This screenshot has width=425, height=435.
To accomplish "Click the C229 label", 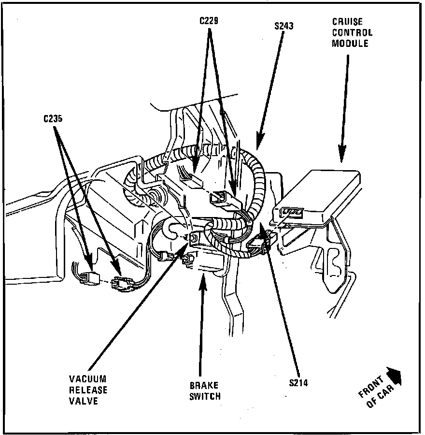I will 210,21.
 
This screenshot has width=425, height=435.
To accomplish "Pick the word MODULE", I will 350,43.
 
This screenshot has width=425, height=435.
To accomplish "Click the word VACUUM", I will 87,379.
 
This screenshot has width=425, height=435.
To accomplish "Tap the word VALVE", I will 84,400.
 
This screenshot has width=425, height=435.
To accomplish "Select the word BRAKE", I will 203,386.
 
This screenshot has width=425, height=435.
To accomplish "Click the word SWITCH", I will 205,396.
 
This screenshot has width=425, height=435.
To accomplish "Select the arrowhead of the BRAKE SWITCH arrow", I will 203,276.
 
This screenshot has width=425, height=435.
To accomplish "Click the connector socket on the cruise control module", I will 292,212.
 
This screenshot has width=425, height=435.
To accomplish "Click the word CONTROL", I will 352,33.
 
